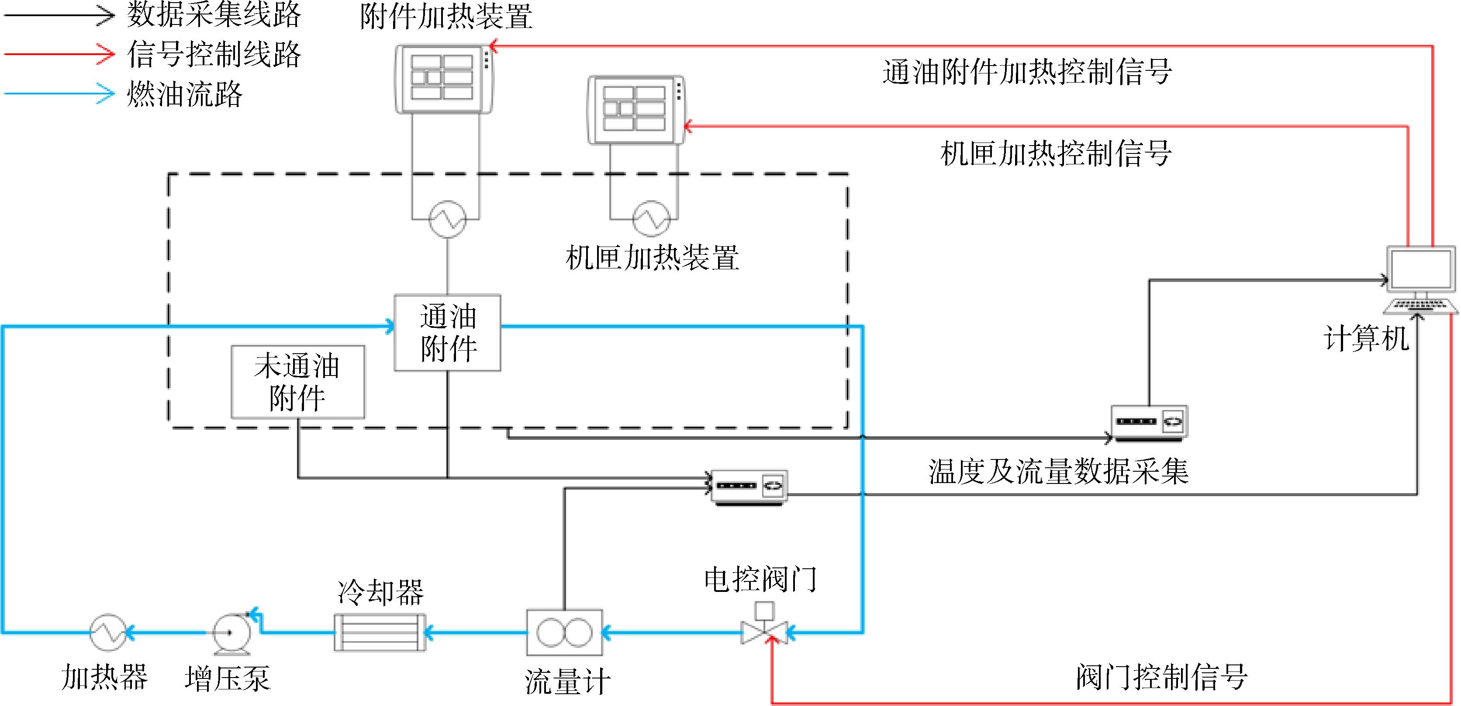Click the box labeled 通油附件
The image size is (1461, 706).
448,333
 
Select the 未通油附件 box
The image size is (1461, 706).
298,382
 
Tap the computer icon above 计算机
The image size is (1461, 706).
1421,280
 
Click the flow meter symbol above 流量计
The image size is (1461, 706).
564,632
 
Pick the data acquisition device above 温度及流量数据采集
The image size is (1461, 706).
1149,423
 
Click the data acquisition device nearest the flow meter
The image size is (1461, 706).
749,487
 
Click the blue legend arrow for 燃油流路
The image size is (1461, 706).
59,94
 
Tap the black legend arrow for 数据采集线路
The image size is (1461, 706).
59,15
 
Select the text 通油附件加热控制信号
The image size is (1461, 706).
1027,72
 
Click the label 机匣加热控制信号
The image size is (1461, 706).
1056,153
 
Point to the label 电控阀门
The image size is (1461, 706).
760,579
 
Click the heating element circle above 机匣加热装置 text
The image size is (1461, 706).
651,219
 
